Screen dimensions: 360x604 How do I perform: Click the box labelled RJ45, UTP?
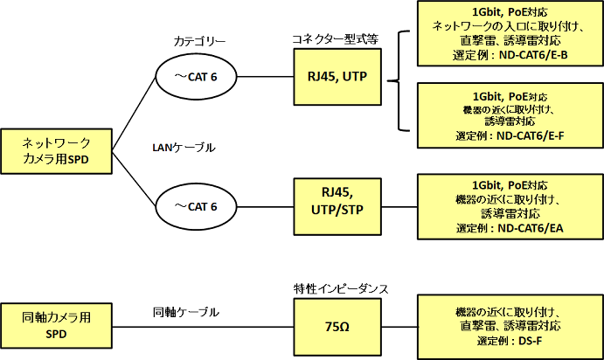pyautogui.click(x=331, y=77)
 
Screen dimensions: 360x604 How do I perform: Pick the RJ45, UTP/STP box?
pyautogui.click(x=331, y=206)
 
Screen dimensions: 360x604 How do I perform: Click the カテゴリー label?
pyautogui.click(x=200, y=40)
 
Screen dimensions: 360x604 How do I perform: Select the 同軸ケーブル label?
pyautogui.click(x=185, y=311)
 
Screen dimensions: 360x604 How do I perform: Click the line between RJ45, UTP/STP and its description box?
pyautogui.click(x=392, y=207)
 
